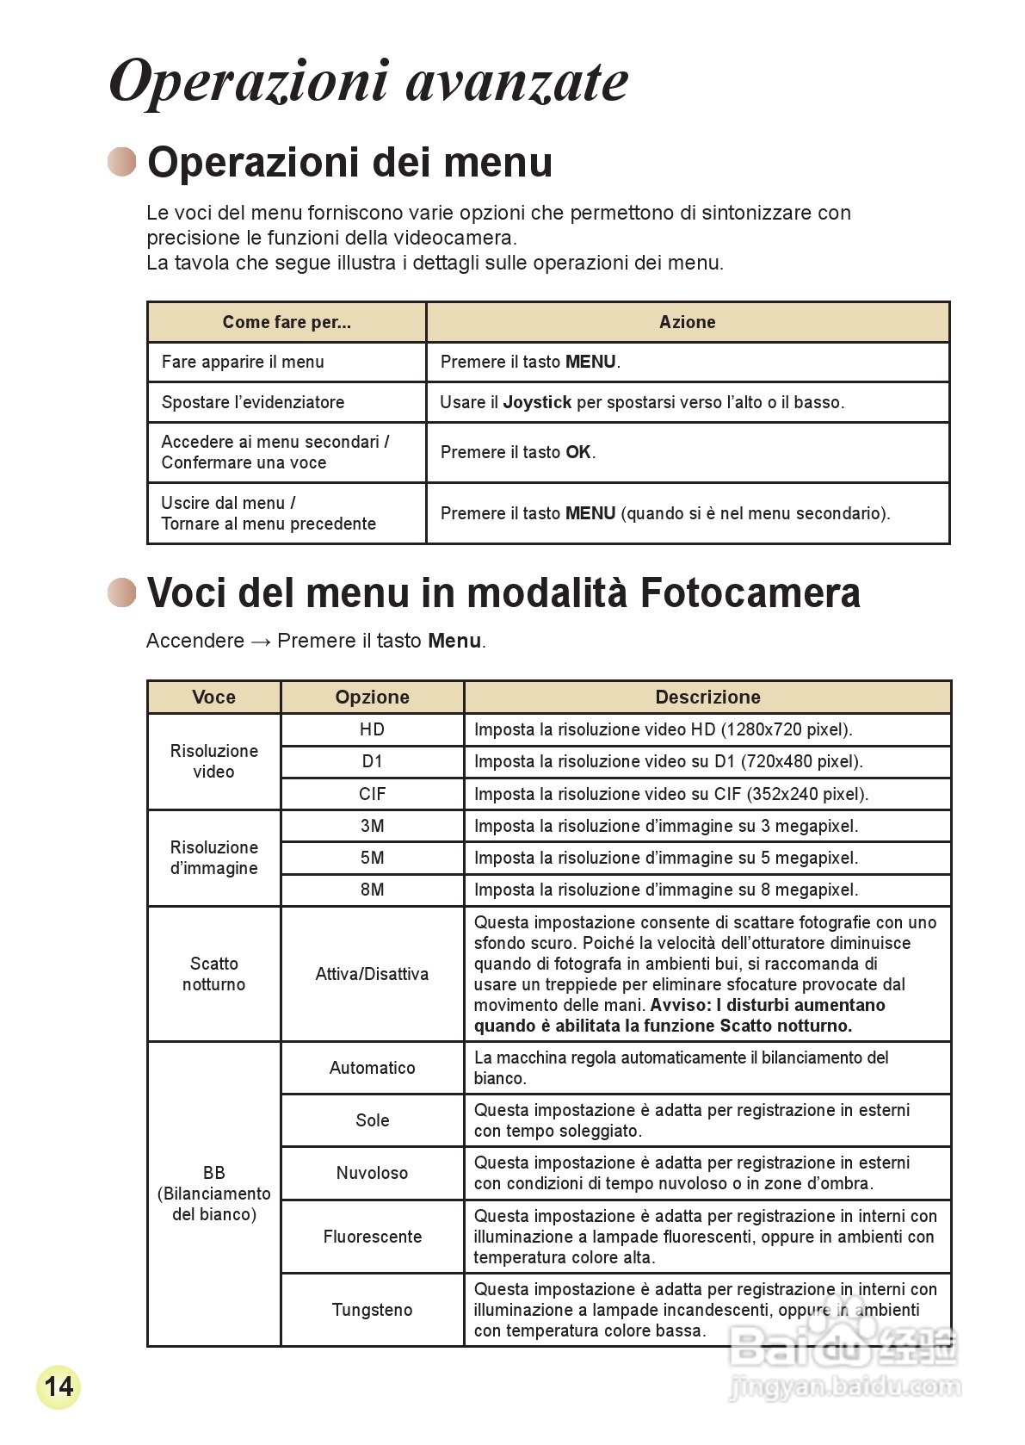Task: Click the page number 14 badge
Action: (x=59, y=1386)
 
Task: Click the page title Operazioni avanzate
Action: (x=368, y=81)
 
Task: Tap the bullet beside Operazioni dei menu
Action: (x=122, y=162)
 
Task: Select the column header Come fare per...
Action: (x=287, y=322)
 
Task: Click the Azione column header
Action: (x=687, y=322)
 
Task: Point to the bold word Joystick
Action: (x=537, y=402)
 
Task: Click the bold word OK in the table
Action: (x=578, y=452)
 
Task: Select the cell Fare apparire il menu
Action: (x=243, y=362)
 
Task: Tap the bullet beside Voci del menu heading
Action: (x=122, y=592)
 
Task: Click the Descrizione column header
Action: (x=707, y=697)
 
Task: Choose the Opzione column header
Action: (x=372, y=697)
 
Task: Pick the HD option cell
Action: (x=372, y=729)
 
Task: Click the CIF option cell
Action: (x=372, y=794)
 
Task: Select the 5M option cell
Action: (x=372, y=858)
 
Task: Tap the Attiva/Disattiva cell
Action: (x=372, y=974)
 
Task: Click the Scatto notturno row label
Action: (x=213, y=974)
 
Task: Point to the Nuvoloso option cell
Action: (x=372, y=1173)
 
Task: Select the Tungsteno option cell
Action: (x=372, y=1310)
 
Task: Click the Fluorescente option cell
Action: (x=372, y=1237)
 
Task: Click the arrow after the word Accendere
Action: (x=261, y=642)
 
